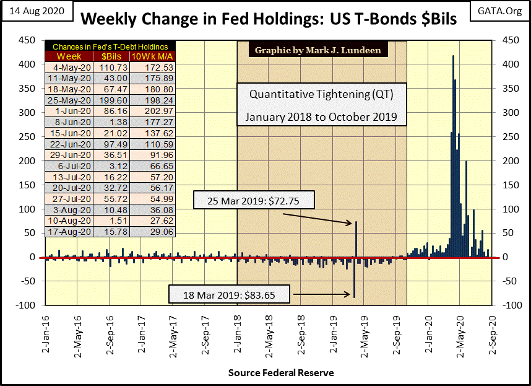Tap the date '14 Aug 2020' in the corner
pos(36,11)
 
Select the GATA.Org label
pos(500,11)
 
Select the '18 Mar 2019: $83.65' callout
pos(229,294)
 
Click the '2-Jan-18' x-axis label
pos(237,335)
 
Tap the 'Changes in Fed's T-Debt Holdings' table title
pos(110,46)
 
